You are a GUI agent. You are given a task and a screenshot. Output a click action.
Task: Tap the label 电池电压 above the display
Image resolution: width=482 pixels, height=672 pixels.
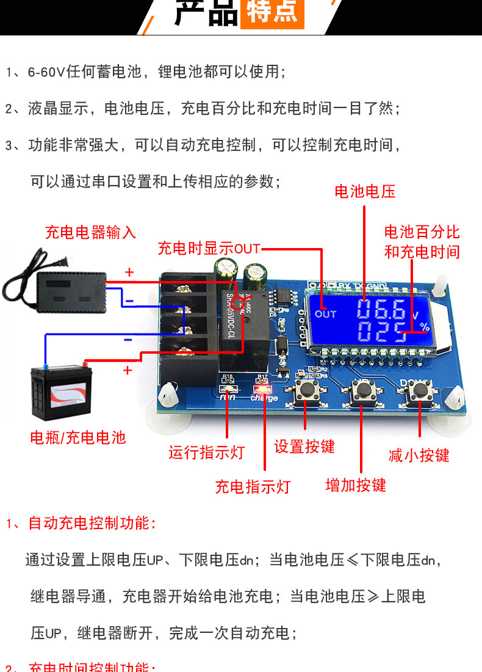pyautogui.click(x=365, y=191)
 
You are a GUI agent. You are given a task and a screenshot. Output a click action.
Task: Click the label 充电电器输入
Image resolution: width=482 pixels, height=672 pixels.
pyautogui.click(x=90, y=232)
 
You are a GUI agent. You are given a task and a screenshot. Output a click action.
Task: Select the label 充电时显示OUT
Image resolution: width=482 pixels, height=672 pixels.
pyautogui.click(x=209, y=249)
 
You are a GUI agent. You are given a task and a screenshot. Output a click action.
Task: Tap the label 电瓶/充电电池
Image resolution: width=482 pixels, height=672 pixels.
pyautogui.click(x=77, y=437)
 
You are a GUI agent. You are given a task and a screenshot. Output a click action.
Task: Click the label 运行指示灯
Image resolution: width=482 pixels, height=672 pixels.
pyautogui.click(x=206, y=452)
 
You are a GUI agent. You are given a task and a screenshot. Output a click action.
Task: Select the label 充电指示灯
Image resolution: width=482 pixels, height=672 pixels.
pyautogui.click(x=253, y=487)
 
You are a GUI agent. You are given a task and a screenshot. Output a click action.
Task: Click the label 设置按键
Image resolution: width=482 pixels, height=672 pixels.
pyautogui.click(x=304, y=447)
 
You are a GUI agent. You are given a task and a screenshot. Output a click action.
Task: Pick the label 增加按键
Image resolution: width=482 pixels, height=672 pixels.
pyautogui.click(x=356, y=485)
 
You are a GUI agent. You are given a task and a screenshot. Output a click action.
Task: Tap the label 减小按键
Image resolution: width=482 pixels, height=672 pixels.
pyautogui.click(x=419, y=455)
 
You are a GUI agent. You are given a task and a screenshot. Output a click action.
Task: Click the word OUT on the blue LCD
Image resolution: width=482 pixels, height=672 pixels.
pyautogui.click(x=326, y=314)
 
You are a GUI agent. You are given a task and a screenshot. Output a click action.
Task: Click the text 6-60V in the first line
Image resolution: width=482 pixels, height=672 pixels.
pyautogui.click(x=46, y=72)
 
